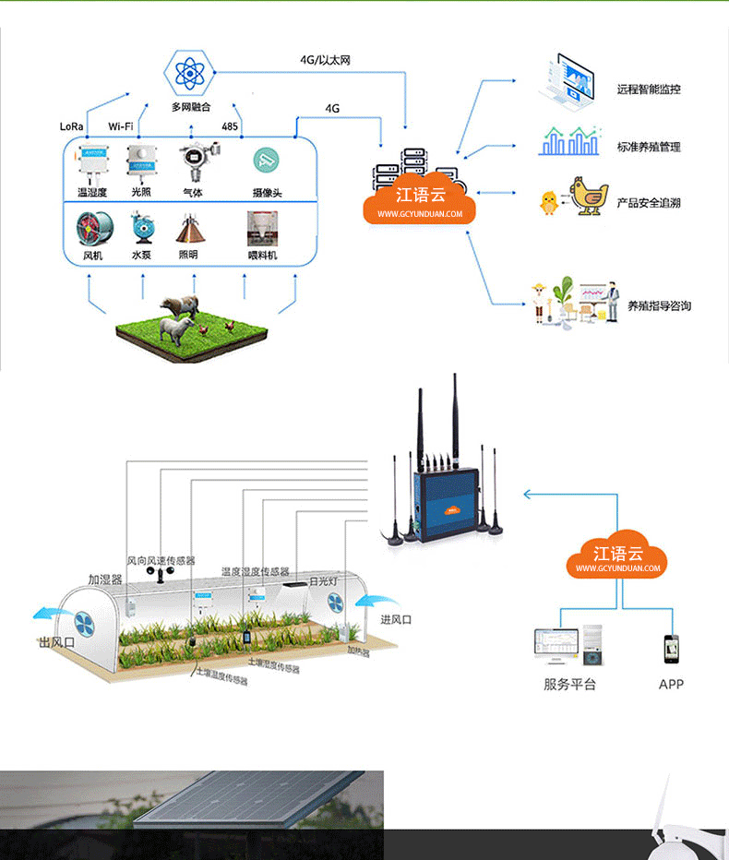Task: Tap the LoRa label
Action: pyautogui.click(x=72, y=126)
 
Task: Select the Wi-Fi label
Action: pyautogui.click(x=121, y=126)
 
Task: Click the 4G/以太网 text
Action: pyautogui.click(x=325, y=60)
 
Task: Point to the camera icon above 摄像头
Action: pyautogui.click(x=267, y=160)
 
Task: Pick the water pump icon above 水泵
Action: pyautogui.click(x=141, y=226)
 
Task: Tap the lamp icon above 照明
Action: pyautogui.click(x=188, y=227)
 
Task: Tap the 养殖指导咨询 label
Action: pyautogui.click(x=659, y=306)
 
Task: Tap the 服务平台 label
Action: pyautogui.click(x=569, y=684)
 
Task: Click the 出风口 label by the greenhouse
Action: pyautogui.click(x=54, y=642)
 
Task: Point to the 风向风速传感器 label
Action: pyautogui.click(x=161, y=560)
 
